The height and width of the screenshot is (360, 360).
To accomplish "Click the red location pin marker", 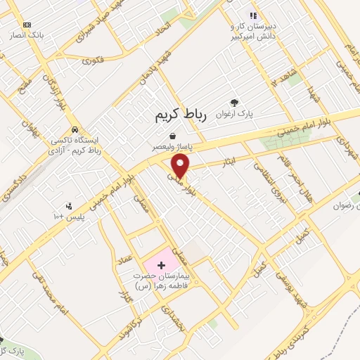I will click(x=181, y=165).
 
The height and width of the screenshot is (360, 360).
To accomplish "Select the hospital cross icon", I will click(x=162, y=265).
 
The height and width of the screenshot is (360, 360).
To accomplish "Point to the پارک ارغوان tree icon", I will click(x=234, y=102).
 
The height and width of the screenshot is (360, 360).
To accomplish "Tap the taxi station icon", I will click(x=73, y=130).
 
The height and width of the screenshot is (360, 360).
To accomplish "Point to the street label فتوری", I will click(x=92, y=60).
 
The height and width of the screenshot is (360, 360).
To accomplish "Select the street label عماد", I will click(x=125, y=259).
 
